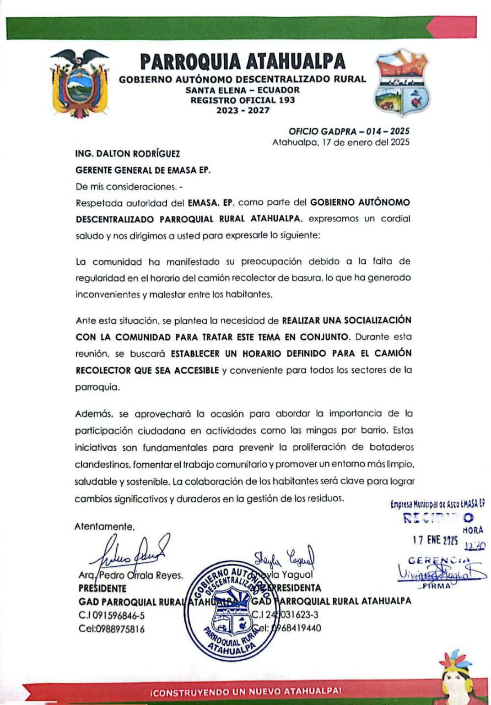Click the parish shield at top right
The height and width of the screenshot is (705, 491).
coord(401,83)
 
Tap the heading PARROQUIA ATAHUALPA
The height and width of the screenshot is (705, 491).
coord(242,61)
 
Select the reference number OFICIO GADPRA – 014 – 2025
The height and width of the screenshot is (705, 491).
coord(349,132)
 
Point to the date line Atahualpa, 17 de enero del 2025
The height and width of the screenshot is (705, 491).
coord(341,142)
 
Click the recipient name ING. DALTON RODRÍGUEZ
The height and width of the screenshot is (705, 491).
coord(128,154)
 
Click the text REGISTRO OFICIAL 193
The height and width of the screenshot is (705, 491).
coord(242,100)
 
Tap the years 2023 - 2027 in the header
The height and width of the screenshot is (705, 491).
coord(242,111)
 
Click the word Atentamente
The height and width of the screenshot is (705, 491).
coord(104,526)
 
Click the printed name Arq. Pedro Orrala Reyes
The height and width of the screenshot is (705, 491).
coord(131,576)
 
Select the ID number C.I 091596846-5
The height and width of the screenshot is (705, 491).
coord(112,615)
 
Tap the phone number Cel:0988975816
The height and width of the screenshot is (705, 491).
coord(112,628)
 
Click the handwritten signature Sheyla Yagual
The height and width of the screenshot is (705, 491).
coord(283,557)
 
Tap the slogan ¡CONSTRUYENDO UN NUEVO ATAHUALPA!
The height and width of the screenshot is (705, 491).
coord(246,691)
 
